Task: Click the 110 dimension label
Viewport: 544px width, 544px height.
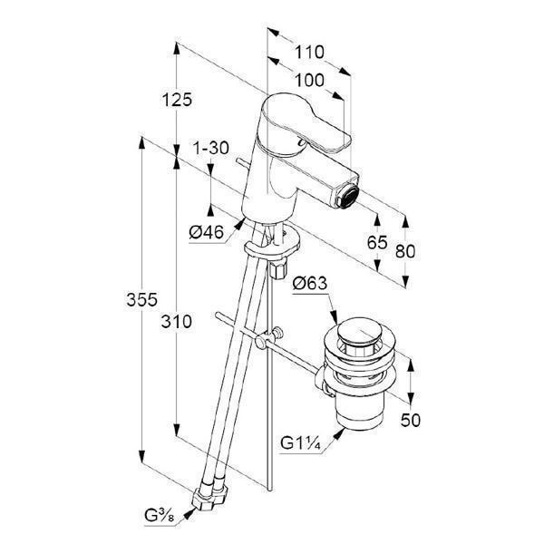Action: point(309,53)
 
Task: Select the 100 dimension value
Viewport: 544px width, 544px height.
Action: point(309,81)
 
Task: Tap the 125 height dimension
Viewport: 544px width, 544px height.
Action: point(177,100)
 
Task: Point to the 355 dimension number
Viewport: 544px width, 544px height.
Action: point(142,300)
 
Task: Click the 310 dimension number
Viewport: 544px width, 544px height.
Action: point(176,322)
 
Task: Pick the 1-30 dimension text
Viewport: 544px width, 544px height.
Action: point(211,148)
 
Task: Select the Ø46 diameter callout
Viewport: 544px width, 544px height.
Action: point(207,232)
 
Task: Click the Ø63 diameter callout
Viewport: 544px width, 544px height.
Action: point(310,283)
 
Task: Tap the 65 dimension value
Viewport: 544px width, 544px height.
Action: point(377,242)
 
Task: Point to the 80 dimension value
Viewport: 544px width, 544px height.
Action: point(405,251)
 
